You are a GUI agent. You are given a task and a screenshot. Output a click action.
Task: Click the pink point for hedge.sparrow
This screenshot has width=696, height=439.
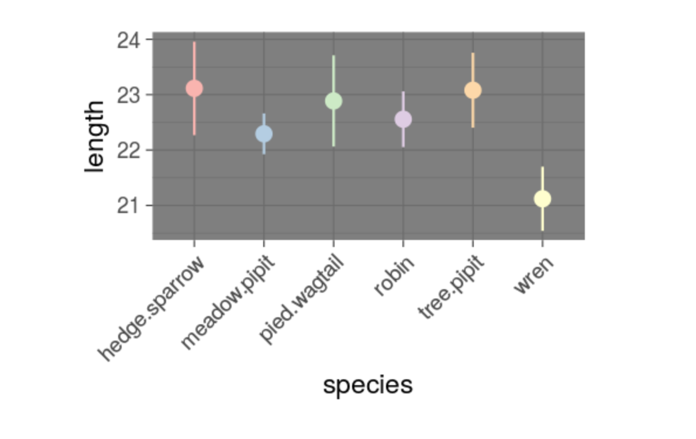pos(194,88)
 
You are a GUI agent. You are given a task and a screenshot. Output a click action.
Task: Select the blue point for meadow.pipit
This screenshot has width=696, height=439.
pos(264,134)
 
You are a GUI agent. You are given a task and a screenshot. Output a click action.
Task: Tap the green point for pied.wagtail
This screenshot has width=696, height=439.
pos(333,101)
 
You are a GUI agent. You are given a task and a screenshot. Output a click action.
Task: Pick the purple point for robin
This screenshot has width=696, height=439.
pos(403,119)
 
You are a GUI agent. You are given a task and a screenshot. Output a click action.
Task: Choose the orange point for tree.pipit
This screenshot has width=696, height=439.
pos(473,90)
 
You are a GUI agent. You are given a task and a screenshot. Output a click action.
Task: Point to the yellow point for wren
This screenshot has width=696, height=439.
pos(542,199)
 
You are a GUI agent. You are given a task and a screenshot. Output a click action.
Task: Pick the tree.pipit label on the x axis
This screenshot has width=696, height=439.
pos(452,287)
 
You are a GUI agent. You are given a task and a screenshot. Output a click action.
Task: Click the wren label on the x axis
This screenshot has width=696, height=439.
pos(533,275)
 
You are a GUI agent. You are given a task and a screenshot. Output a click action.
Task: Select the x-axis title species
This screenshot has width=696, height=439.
pos(368,385)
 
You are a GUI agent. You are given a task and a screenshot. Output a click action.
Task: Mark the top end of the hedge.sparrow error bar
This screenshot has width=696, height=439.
pos(194,42)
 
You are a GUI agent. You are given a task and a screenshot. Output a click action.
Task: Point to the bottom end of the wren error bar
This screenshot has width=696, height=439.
pos(542,230)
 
